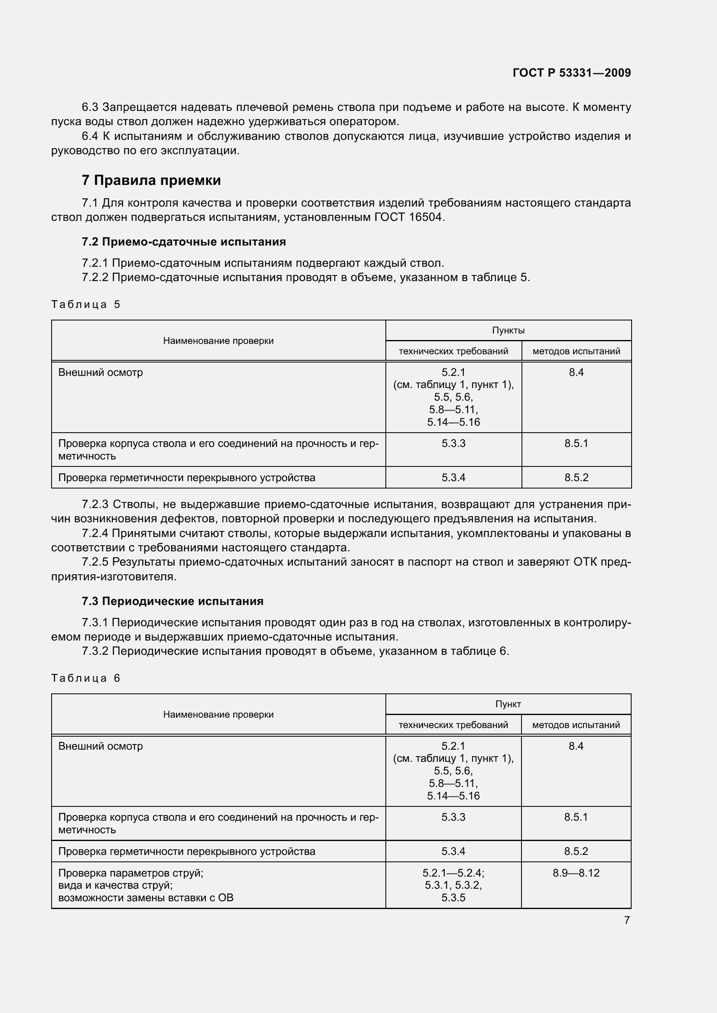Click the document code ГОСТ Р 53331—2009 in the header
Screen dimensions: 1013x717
tap(571, 73)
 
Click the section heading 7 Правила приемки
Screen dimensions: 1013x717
tap(151, 180)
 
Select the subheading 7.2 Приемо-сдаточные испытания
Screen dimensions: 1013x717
tap(184, 242)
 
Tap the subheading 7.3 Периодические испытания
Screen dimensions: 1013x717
tap(172, 601)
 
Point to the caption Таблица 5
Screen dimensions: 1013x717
tap(86, 304)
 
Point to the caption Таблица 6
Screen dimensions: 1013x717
tap(86, 678)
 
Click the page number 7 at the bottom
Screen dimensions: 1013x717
tap(626, 920)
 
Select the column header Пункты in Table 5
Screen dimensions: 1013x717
tap(508, 330)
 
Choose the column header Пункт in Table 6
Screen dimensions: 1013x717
tap(508, 704)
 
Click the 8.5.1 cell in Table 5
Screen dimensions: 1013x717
tap(576, 443)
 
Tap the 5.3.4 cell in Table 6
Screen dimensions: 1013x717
tap(453, 851)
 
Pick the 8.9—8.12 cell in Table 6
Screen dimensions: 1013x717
tap(576, 873)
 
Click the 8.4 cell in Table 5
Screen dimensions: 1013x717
tap(576, 372)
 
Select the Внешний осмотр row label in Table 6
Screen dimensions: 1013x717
tap(101, 746)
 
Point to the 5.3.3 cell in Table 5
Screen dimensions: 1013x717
tap(453, 443)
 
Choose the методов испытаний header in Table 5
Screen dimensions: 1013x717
tap(576, 351)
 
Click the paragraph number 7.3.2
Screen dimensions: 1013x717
tap(95, 651)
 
